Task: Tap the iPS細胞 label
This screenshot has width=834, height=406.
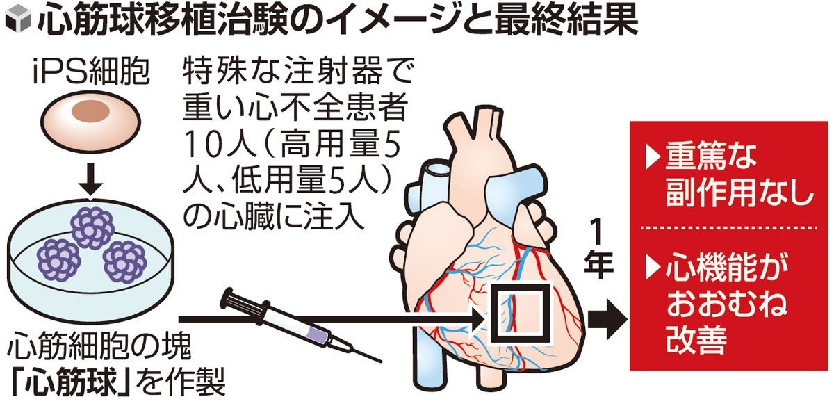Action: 91,72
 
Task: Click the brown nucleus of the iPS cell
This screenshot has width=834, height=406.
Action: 91,113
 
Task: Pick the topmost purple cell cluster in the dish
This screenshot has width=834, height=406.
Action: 92,227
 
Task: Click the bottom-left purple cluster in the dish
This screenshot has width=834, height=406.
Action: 59,261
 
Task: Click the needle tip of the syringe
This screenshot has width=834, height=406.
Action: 381,361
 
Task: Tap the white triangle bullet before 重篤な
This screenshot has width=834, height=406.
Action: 653,156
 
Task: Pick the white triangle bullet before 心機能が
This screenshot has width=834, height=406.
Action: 653,268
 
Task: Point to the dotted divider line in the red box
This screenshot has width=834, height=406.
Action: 728,227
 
